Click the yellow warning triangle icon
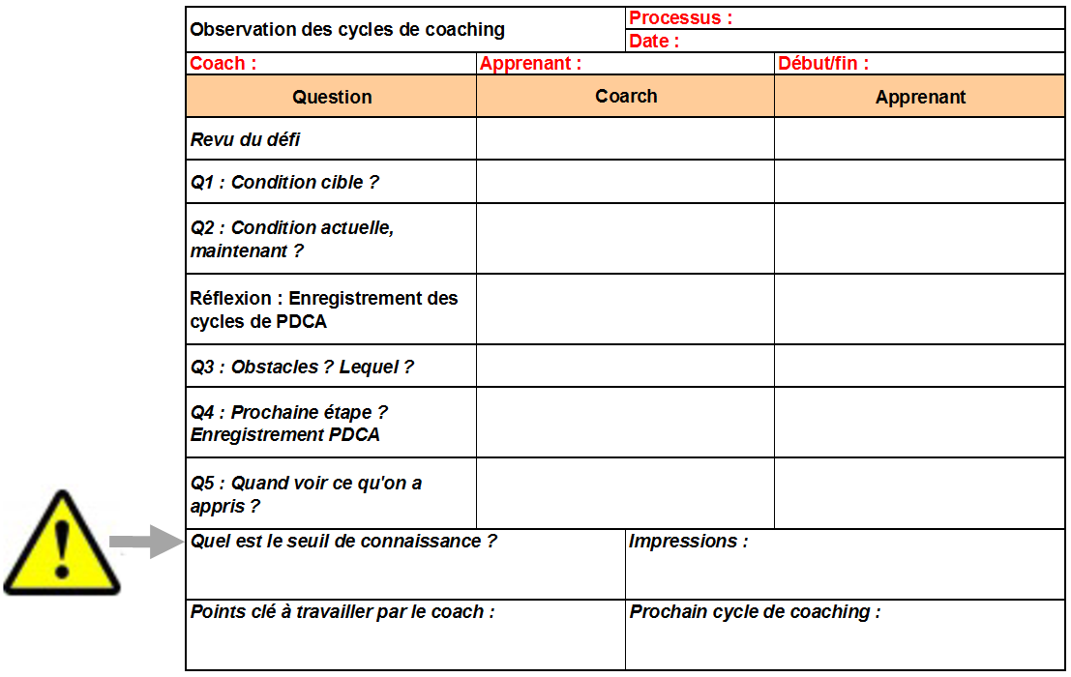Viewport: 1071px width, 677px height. [x=62, y=545]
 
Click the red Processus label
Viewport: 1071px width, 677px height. [x=680, y=17]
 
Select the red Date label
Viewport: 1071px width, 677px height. [x=654, y=41]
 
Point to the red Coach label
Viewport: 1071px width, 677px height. [x=223, y=64]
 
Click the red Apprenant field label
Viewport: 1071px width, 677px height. [x=530, y=64]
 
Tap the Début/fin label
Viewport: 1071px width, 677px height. [x=823, y=64]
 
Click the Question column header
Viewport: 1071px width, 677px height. [x=332, y=97]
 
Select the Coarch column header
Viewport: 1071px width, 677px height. [x=626, y=96]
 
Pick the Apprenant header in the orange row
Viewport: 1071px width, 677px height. [x=920, y=97]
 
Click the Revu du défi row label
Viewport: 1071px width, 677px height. [x=246, y=139]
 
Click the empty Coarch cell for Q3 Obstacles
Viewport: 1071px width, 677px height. [x=625, y=366]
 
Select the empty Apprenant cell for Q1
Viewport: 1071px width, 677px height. [x=919, y=182]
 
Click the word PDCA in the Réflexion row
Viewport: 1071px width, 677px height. [x=302, y=322]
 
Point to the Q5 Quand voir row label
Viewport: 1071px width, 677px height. [x=306, y=494]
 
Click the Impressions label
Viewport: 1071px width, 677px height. [x=688, y=542]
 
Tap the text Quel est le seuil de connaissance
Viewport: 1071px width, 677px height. [x=343, y=542]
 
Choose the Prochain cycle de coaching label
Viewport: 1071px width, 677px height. [x=755, y=612]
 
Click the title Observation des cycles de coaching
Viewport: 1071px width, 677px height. [x=347, y=29]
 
